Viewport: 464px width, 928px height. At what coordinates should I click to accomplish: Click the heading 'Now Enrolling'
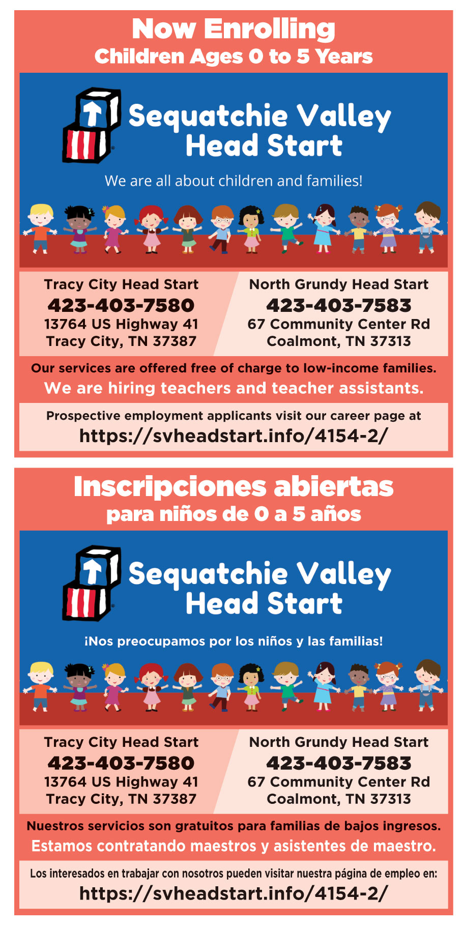point(234,29)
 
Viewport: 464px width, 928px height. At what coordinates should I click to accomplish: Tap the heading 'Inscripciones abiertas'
point(234,487)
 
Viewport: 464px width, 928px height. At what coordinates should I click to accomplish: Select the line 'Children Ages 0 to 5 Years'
point(234,56)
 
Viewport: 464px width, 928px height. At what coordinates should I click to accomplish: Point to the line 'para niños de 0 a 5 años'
point(234,514)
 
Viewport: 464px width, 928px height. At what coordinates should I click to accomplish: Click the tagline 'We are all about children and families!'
point(234,181)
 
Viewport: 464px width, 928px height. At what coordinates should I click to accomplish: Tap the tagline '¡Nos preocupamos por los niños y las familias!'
point(234,641)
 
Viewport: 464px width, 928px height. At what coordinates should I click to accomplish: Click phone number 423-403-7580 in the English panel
point(121,305)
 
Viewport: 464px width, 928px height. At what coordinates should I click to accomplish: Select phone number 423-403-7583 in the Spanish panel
point(339,763)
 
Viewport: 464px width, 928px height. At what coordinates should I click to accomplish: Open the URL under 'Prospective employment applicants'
point(234,436)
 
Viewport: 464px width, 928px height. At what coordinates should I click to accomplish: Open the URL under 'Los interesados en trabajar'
point(234,893)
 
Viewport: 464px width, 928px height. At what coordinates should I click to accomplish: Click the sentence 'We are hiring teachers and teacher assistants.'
point(234,388)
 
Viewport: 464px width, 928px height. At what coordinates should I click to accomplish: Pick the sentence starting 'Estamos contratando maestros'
point(234,846)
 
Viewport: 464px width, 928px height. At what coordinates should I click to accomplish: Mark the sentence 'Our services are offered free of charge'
point(234,368)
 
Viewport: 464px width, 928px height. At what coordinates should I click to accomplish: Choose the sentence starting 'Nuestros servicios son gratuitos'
point(234,826)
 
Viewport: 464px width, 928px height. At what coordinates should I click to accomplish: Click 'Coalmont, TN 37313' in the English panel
point(339,341)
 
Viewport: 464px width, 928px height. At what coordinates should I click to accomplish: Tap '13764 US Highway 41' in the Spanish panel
point(121,782)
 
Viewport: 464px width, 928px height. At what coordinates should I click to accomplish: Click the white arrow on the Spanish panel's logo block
point(93,571)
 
